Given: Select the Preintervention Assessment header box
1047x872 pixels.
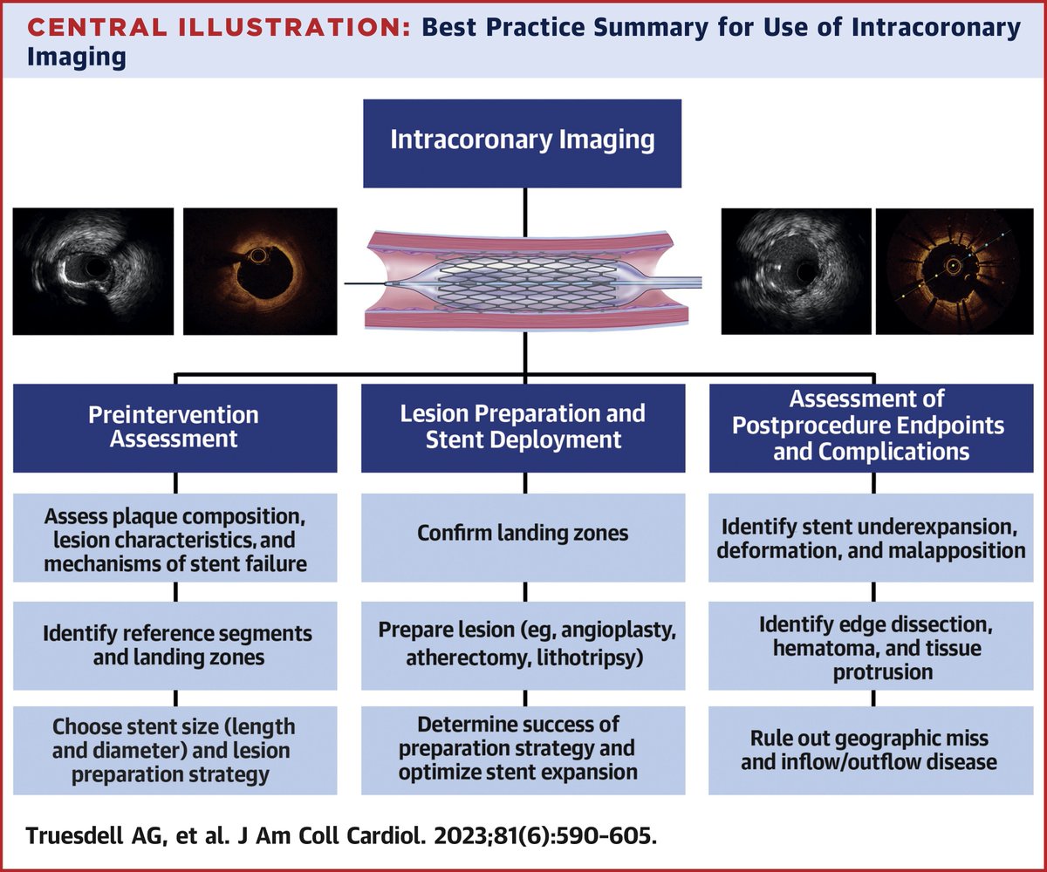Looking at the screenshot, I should pyautogui.click(x=175, y=425).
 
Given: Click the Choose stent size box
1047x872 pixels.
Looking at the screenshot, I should pyautogui.click(x=175, y=749).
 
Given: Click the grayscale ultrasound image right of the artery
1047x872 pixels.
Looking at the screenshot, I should pyautogui.click(x=794, y=271).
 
